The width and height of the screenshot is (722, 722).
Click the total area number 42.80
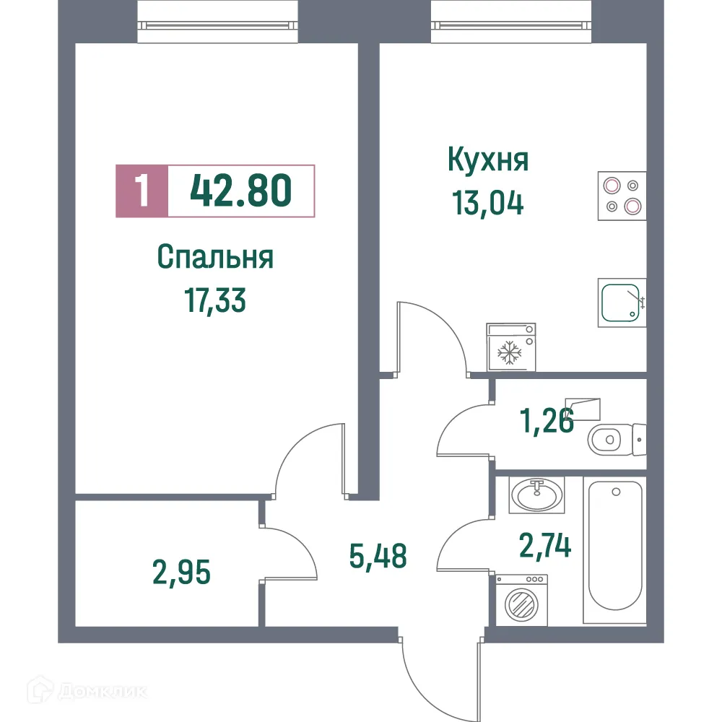point(241,191)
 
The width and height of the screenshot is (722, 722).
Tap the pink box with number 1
point(142,191)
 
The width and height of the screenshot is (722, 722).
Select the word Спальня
point(215,257)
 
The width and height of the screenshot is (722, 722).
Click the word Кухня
point(488,160)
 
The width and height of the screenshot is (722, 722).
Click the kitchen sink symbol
point(622,303)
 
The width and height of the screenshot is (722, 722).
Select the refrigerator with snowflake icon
point(511,346)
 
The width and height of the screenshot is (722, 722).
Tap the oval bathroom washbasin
point(536,495)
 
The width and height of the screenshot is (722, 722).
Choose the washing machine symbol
point(521,600)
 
